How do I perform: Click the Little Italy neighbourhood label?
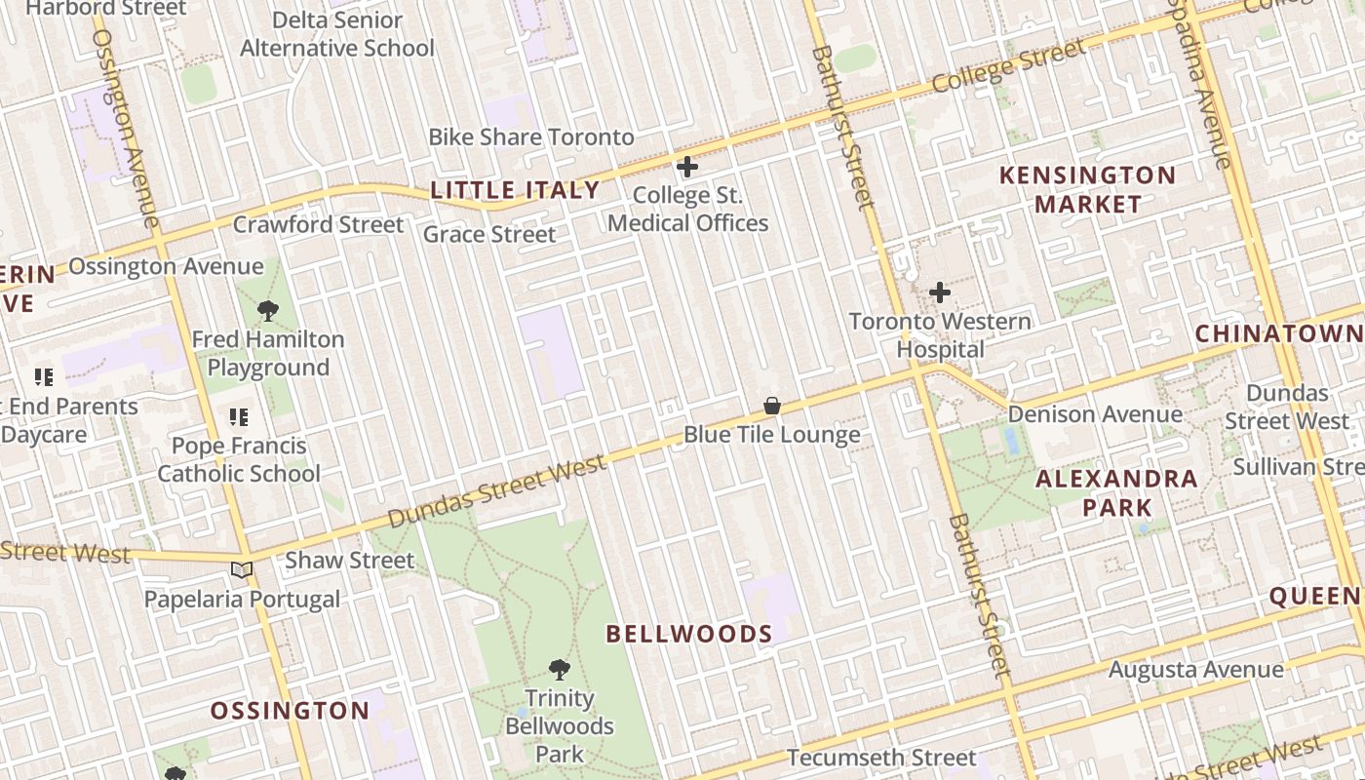click(x=515, y=190)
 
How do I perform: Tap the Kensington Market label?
click(x=1087, y=189)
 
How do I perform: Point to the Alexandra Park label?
click(x=1116, y=492)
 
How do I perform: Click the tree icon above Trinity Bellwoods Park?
click(x=559, y=670)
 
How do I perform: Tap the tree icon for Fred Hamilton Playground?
click(x=268, y=312)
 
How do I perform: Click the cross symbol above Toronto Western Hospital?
click(x=940, y=292)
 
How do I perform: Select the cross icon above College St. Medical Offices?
click(x=687, y=167)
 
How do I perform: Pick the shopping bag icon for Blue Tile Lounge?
click(x=772, y=406)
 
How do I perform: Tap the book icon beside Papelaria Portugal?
click(x=241, y=570)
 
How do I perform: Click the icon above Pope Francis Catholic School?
click(x=239, y=417)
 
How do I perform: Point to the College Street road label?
click(x=1008, y=66)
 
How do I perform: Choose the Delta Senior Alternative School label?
click(x=337, y=34)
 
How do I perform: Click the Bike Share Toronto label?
click(x=531, y=136)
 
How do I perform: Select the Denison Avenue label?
click(x=1095, y=414)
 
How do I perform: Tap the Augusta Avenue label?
click(x=1195, y=670)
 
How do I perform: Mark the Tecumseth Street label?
click(x=880, y=758)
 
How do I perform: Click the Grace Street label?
click(x=489, y=234)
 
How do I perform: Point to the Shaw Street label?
click(x=349, y=561)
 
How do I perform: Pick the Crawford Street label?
click(x=318, y=225)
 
